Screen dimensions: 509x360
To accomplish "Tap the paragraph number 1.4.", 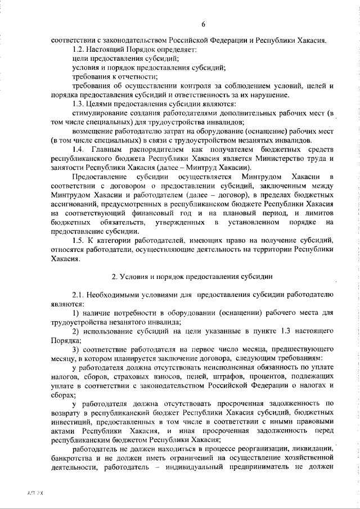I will (x=79, y=148).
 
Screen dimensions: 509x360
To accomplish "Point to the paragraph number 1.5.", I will (x=78, y=241).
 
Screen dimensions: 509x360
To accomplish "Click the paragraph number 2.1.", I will (x=78, y=295).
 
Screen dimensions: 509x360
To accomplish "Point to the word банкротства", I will (x=71, y=458).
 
